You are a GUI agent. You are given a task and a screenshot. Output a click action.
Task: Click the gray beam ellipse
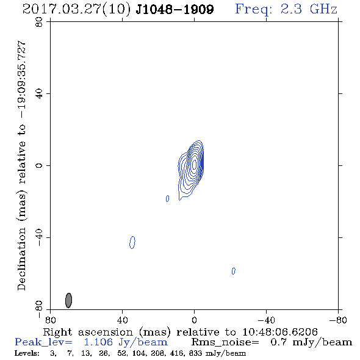[68, 300]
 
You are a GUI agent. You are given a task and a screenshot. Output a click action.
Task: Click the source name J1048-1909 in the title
[175, 9]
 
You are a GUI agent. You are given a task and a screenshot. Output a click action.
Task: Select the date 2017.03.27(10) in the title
[76, 10]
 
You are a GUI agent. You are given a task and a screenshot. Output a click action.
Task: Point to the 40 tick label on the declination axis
[39, 94]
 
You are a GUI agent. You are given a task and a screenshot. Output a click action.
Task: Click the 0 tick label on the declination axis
[39, 165]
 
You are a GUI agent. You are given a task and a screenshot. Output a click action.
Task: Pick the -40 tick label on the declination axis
[39, 237]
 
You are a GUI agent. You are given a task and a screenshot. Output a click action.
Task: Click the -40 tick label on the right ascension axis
[266, 320]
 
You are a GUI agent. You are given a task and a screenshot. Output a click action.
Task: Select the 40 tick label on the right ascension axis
[122, 320]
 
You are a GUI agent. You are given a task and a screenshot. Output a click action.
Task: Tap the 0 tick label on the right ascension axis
[194, 320]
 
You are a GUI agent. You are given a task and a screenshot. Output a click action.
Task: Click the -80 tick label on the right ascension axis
[338, 320]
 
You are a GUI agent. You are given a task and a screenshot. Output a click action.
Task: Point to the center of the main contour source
[194, 164]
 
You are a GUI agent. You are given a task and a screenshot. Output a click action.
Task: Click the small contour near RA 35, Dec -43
[132, 242]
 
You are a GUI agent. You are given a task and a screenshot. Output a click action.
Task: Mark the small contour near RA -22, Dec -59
[234, 271]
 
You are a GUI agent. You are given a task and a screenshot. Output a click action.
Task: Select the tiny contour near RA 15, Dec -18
[168, 198]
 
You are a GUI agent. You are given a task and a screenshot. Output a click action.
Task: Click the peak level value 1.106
[98, 342]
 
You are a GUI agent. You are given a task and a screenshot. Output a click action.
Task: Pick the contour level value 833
[196, 353]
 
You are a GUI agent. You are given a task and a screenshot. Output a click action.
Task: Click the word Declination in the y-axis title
[21, 259]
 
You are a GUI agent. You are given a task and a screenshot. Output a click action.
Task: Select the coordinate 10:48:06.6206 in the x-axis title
[280, 332]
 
